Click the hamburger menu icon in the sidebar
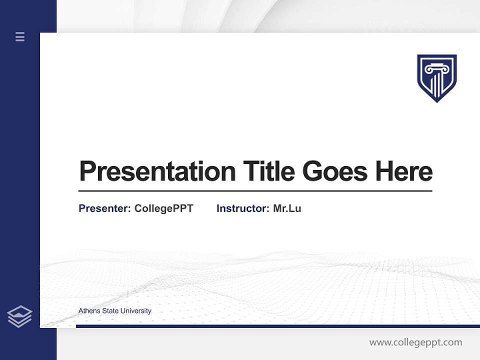[20, 36]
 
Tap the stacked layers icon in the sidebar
[19, 316]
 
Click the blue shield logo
[437, 78]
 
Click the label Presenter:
[104, 208]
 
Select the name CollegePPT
[163, 208]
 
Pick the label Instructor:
[242, 208]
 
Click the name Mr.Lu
[287, 208]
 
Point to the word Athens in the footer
[89, 311]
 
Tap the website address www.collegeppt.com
[415, 342]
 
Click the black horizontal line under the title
[255, 190]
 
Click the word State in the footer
[110, 311]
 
